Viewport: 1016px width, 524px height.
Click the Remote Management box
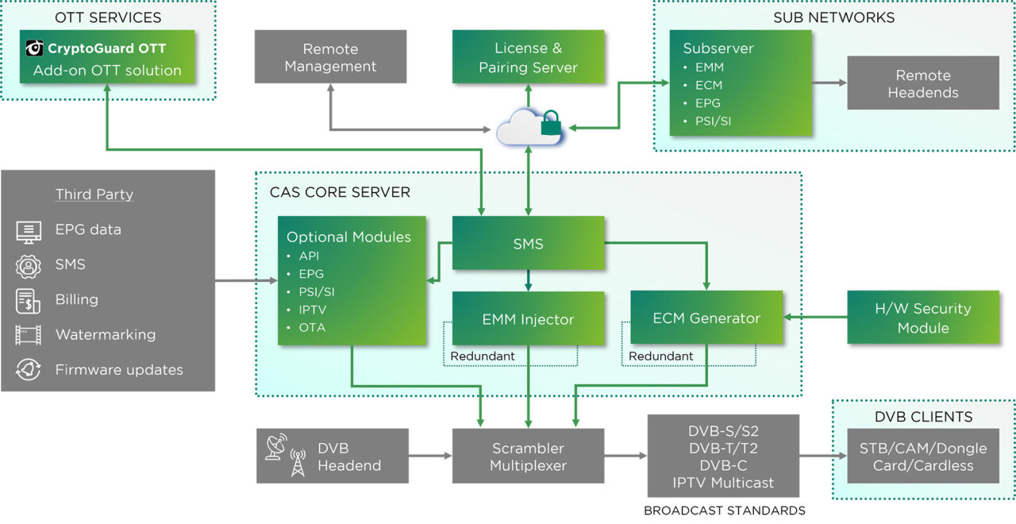pos(330,57)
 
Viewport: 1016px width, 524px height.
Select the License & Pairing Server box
pos(528,57)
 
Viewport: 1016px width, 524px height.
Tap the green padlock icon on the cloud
pos(550,124)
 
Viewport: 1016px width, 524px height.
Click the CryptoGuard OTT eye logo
pos(34,48)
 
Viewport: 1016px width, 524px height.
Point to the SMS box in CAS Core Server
pos(528,244)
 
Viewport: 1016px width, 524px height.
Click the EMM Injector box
pos(528,318)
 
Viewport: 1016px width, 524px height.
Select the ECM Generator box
pos(706,318)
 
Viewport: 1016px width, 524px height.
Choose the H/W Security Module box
pos(923,318)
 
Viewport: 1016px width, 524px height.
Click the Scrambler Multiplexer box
pos(528,457)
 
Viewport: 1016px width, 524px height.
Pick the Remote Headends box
pos(923,83)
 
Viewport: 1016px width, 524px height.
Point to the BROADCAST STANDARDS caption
pos(724,511)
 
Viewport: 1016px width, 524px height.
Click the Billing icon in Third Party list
pos(29,300)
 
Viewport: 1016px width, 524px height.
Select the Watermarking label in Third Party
pos(105,335)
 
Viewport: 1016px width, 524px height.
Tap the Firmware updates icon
pos(29,370)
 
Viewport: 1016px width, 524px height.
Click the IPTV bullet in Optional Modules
pos(312,309)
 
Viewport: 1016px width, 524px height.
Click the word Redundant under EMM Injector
pos(482,356)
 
